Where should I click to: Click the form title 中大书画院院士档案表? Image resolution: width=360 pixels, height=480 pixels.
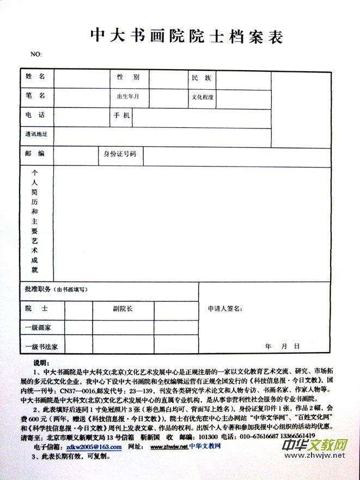pyautogui.click(x=186, y=36)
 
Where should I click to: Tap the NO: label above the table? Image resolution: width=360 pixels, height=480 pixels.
pyautogui.click(x=35, y=54)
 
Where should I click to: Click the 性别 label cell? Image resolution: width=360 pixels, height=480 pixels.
pyautogui.click(x=129, y=77)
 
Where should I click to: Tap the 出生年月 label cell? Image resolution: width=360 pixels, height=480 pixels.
pyautogui.click(x=129, y=97)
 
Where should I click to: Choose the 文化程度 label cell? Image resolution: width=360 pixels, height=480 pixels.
pyautogui.click(x=203, y=98)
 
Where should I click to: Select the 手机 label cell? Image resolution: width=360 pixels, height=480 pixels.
pyautogui.click(x=121, y=116)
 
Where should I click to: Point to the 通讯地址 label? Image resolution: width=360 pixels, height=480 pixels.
pyautogui.click(x=36, y=134)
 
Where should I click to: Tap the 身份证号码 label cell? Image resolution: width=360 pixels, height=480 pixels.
pyautogui.click(x=120, y=154)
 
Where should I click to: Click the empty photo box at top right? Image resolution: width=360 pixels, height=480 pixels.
pyautogui.click(x=301, y=109)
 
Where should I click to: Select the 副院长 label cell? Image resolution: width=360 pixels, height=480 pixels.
pyautogui.click(x=123, y=309)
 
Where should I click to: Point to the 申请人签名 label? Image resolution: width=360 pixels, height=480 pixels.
pyautogui.click(x=225, y=309)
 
